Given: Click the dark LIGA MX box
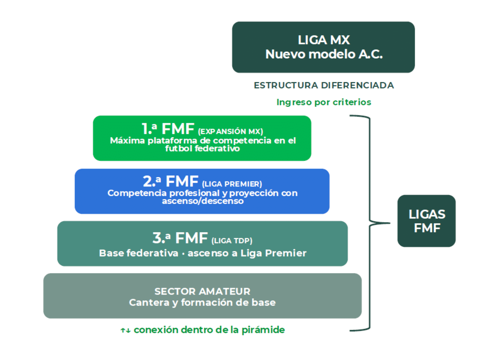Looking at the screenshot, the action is click(323, 47).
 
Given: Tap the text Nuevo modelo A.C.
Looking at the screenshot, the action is click(324, 54).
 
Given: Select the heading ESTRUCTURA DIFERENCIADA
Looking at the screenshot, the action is click(324, 85).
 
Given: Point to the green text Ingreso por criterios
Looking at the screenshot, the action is click(324, 102).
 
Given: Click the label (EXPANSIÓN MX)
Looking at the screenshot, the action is click(231, 132).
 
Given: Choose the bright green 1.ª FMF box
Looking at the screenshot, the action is click(202, 138).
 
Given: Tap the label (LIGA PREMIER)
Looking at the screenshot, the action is click(232, 184).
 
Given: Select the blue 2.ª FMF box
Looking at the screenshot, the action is click(202, 191).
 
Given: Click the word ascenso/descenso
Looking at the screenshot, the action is click(203, 201).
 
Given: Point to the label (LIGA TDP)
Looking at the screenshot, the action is click(232, 241).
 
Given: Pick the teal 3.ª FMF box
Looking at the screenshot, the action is click(203, 244).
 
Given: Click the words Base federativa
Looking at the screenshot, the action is click(139, 253).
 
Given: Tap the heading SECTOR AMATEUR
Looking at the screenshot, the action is click(202, 291).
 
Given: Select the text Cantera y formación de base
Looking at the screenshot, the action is click(202, 302).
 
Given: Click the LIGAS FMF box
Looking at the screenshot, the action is click(427, 221).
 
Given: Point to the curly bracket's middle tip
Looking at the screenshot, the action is click(390, 223).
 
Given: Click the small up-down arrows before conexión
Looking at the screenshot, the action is click(125, 330).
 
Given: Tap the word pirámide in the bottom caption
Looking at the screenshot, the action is click(263, 330).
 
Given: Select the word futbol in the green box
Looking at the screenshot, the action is click(179, 148).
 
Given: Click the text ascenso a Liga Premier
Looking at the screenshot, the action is click(247, 253).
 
